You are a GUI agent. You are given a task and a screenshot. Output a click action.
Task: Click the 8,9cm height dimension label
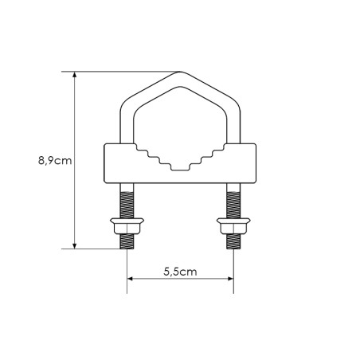click(55, 160)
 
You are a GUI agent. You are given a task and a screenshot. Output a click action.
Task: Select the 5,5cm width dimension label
click(180, 271)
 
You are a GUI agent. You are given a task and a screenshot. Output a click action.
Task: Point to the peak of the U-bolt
click(180, 74)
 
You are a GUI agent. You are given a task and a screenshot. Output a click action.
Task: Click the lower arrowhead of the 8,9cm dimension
click(76, 244)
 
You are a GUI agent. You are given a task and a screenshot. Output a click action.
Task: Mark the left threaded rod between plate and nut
click(127, 200)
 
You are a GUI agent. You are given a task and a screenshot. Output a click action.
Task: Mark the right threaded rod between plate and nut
click(233, 200)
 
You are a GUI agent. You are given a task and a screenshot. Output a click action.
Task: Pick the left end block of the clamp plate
click(116, 163)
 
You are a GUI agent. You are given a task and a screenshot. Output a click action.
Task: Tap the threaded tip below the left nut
click(127, 243)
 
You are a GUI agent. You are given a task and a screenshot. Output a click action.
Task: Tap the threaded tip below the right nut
click(233, 243)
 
